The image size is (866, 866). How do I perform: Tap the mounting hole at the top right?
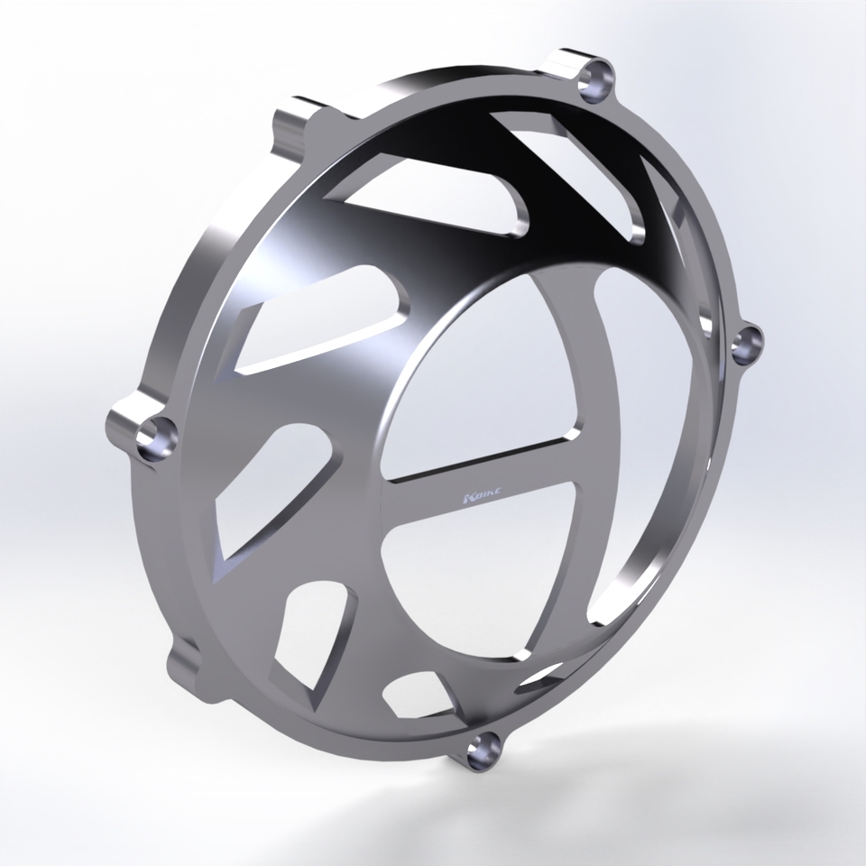pyautogui.click(x=596, y=78)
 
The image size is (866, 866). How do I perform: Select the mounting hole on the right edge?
pyautogui.click(x=748, y=342)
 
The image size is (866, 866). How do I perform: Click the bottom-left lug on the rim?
pyautogui.click(x=185, y=663)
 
